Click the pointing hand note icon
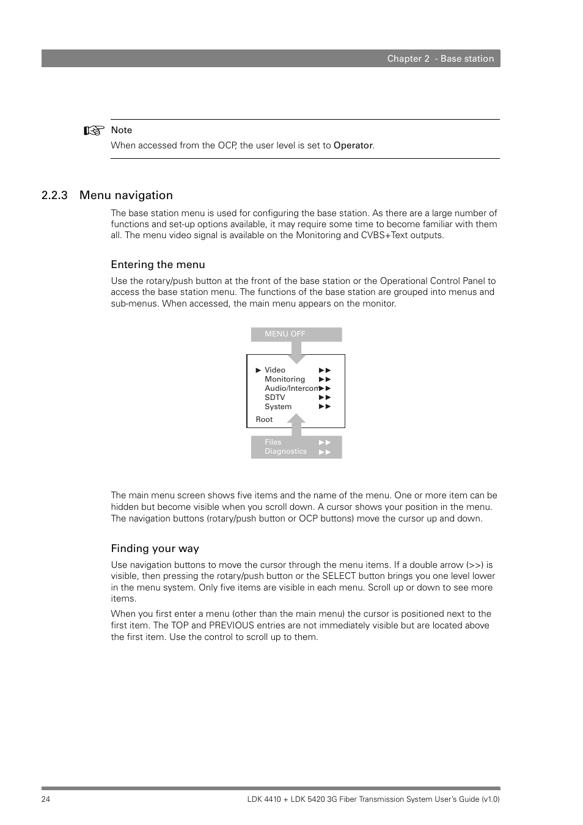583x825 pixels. pos(94,130)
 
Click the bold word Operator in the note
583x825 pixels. pos(353,145)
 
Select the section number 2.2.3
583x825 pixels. pos(54,195)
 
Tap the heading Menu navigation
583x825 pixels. pos(126,195)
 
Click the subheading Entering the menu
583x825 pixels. pos(158,264)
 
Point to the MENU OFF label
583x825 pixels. pos(285,334)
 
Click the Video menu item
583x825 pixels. pos(274,370)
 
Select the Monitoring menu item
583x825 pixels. pos(284,379)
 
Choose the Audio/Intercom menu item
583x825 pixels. pos(291,388)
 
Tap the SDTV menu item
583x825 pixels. pos(274,398)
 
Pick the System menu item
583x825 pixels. pos(277,407)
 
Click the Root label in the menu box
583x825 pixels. pos(264,420)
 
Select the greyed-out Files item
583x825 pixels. pos(273,442)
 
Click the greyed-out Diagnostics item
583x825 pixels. pos(285,451)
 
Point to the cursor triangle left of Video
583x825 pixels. pos(258,370)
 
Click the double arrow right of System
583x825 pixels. pos(324,407)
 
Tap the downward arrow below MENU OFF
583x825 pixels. pos(296,353)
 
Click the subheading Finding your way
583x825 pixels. pos(155,548)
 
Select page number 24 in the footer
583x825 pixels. pos(46,799)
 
